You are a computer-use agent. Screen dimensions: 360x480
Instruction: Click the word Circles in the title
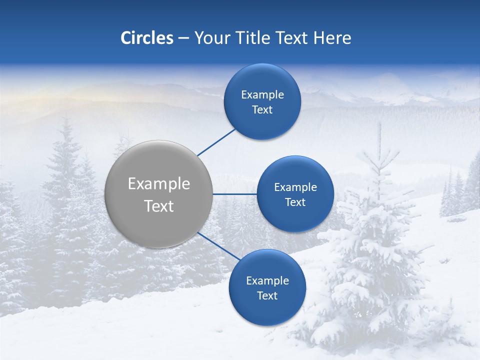pyautogui.click(x=146, y=38)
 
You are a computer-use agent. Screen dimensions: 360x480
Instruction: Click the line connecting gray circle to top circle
pyautogui.click(x=216, y=142)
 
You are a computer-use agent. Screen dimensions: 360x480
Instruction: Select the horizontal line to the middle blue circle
pyautogui.click(x=234, y=194)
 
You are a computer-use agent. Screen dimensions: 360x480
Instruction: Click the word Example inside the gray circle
pyautogui.click(x=159, y=184)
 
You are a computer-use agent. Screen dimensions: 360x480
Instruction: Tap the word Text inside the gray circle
pyautogui.click(x=159, y=206)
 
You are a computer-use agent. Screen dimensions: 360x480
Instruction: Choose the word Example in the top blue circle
pyautogui.click(x=262, y=95)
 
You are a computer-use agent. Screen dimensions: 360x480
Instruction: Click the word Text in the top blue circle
pyautogui.click(x=262, y=110)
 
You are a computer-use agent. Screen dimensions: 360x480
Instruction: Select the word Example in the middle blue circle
pyautogui.click(x=295, y=187)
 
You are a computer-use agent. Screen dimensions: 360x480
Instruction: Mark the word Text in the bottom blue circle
pyautogui.click(x=267, y=296)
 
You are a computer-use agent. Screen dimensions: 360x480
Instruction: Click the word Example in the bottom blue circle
pyautogui.click(x=267, y=281)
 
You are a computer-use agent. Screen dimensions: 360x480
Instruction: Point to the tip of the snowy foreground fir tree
pyautogui.click(x=379, y=125)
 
